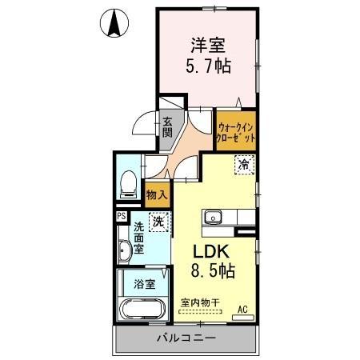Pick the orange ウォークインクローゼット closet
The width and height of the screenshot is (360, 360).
(x=237, y=130)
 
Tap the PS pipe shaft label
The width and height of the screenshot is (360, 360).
(x=122, y=216)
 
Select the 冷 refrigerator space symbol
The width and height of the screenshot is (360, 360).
(x=242, y=166)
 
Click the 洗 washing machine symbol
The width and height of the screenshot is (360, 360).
(x=159, y=222)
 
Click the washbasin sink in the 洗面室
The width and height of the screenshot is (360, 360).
(x=124, y=253)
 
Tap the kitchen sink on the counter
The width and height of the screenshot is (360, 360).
(x=213, y=216)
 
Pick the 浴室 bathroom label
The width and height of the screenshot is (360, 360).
(x=144, y=283)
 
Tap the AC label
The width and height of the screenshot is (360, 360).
(x=243, y=308)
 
